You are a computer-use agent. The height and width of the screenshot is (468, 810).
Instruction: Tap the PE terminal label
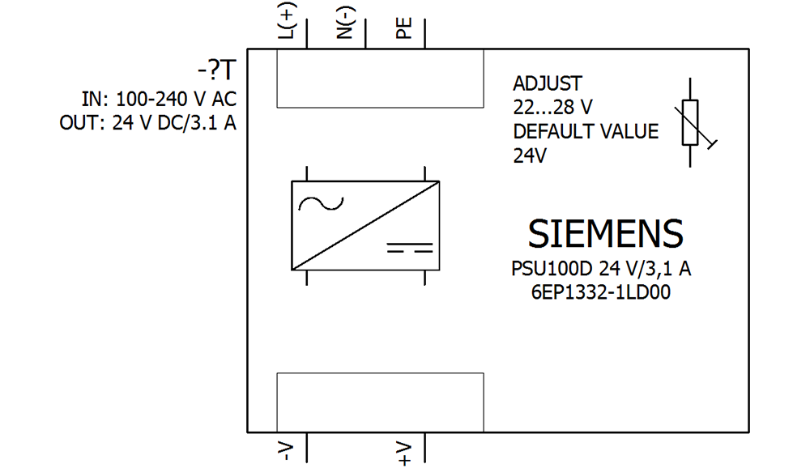(403, 29)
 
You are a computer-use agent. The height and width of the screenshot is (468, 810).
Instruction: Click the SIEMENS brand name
(605, 234)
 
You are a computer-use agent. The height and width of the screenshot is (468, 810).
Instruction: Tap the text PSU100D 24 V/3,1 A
(601, 269)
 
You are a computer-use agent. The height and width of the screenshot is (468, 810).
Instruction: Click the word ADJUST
(548, 83)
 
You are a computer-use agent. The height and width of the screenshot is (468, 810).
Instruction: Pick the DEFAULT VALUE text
(586, 132)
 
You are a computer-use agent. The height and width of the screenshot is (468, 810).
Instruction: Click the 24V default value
(531, 156)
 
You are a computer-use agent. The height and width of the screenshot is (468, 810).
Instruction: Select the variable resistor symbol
(691, 123)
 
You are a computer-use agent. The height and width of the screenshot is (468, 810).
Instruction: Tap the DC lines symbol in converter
(409, 247)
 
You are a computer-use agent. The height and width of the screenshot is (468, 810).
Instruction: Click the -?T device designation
(216, 72)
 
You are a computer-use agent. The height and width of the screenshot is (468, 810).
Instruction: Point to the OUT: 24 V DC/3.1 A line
(147, 125)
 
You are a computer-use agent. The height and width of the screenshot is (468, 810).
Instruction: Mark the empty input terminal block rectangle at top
(380, 79)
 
